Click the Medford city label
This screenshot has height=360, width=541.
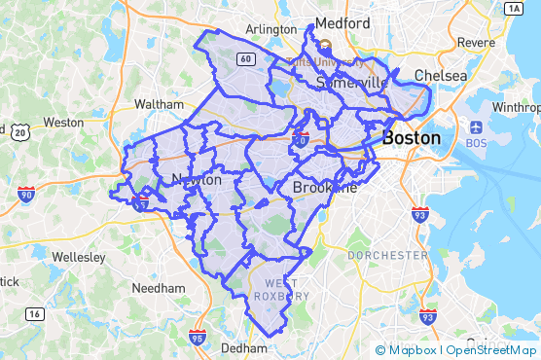pyautogui.click(x=341, y=22)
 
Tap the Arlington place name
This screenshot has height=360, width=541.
pyautogui.click(x=271, y=29)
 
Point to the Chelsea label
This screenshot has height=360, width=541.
pyautogui.click(x=441, y=75)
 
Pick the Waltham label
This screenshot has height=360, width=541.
pyautogui.click(x=159, y=104)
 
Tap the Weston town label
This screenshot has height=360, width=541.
pyautogui.click(x=63, y=123)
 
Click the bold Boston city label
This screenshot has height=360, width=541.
pyautogui.click(x=411, y=138)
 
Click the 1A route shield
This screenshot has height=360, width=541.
pyautogui.click(x=515, y=8)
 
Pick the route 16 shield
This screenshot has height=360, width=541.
pyautogui.click(x=35, y=313)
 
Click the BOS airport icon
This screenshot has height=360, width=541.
pyautogui.click(x=476, y=127)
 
